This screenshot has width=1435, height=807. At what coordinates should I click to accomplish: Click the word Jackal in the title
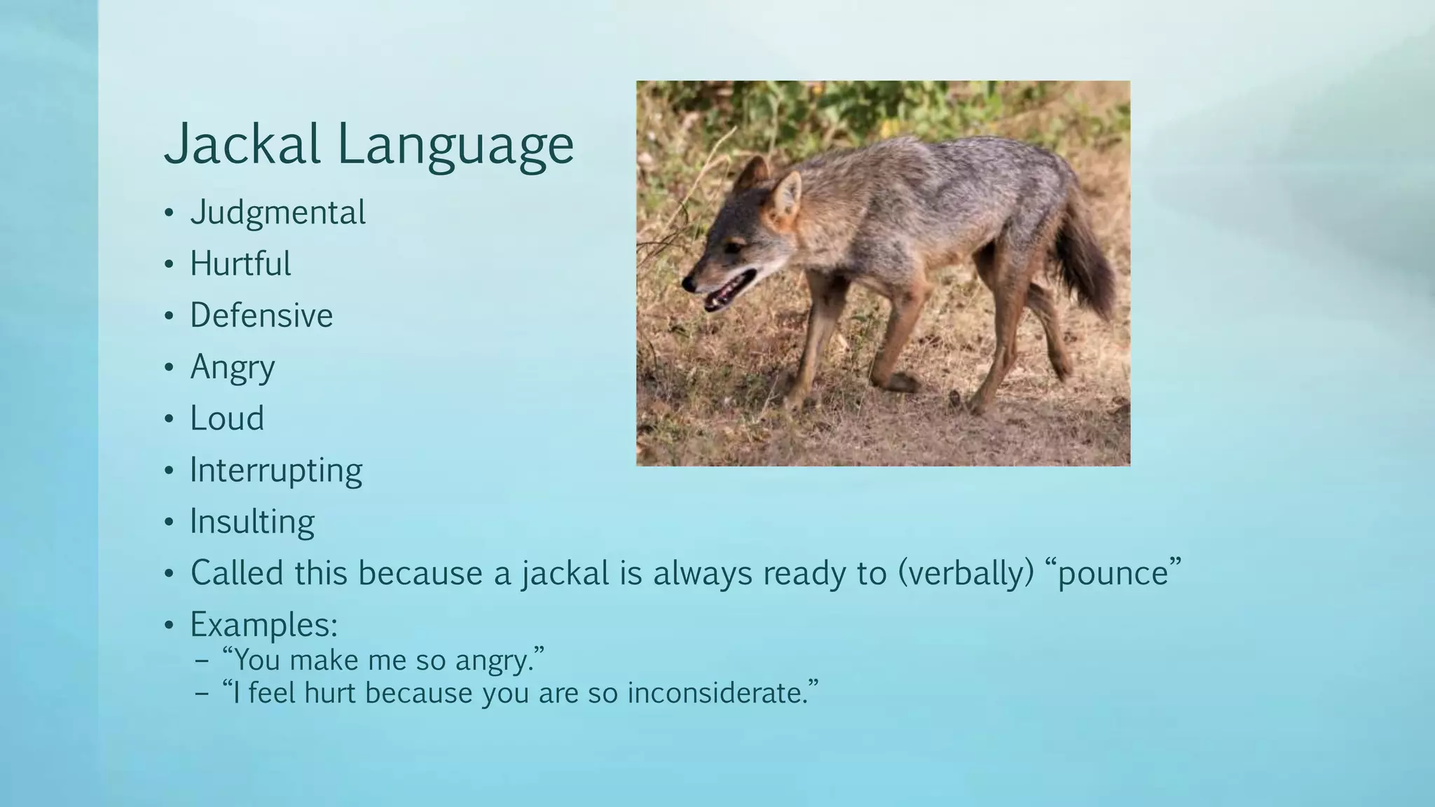[242, 144]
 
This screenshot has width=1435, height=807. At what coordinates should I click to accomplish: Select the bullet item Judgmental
[277, 212]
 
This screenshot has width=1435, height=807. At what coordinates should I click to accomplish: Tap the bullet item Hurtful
[240, 264]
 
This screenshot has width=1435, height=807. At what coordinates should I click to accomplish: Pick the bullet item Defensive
[261, 315]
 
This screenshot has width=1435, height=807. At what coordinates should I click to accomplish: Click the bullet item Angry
[233, 367]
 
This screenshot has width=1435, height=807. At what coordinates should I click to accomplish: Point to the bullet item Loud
[227, 418]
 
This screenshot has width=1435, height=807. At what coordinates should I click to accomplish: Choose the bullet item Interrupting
[276, 470]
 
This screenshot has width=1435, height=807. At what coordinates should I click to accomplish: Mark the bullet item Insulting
[252, 522]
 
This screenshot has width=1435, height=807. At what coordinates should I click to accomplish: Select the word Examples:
[264, 624]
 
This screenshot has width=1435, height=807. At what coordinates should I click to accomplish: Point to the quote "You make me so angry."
[383, 660]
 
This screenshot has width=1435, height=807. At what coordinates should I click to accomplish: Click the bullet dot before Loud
[168, 419]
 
